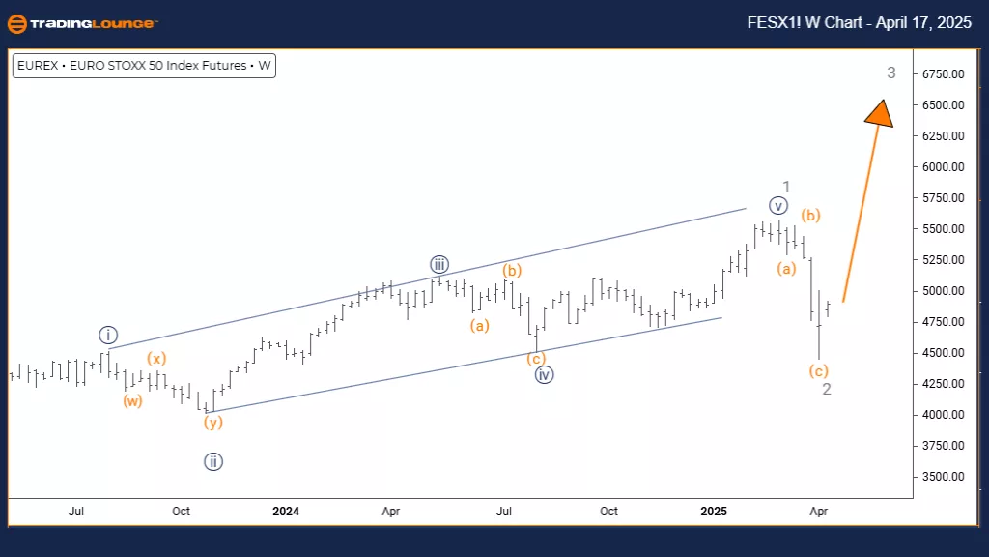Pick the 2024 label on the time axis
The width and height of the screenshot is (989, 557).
285,511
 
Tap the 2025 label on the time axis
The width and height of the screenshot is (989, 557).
714,511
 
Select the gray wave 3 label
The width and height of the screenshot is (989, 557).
891,73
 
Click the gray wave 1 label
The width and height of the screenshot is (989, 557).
787,187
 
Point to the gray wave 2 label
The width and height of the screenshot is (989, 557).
827,389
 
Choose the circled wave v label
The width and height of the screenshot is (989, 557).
778,205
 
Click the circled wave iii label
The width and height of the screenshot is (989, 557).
439,264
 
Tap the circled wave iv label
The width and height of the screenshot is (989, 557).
544,375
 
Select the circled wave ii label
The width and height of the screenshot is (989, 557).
213,462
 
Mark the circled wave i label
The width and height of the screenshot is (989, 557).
107,336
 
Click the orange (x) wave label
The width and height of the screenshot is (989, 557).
156,359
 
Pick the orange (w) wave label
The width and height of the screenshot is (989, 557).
132,400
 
